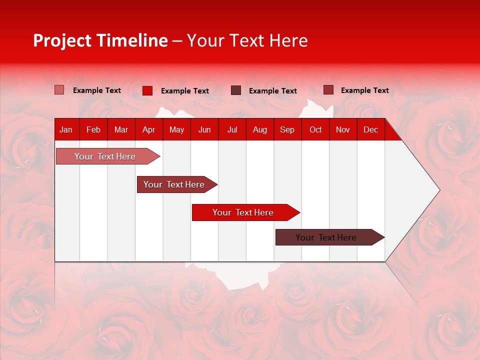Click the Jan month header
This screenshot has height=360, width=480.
coord(66,129)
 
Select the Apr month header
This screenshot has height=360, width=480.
coord(149,129)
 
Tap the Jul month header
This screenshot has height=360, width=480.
coord(232,129)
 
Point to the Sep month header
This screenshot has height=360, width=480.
coord(287,129)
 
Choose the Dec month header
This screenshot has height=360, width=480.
coord(370,129)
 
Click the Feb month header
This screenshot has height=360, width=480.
coord(93,129)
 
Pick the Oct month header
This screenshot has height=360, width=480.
coord(315,129)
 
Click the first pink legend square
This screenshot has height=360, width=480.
coord(59,90)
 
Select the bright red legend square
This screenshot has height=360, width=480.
coord(147,90)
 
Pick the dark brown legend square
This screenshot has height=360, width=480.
coord(236,90)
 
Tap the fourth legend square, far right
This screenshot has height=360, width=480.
coord(328,90)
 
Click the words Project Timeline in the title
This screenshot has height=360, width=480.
coord(100,40)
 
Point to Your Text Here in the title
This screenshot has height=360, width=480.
coord(247,40)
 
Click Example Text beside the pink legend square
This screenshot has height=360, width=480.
coord(97,90)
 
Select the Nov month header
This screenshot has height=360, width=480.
coord(343,129)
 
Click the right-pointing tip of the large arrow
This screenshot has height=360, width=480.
coord(437,190)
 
